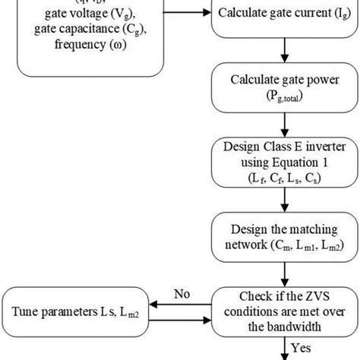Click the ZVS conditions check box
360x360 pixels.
coord(283,310)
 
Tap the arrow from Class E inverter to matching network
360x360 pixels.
coord(283,202)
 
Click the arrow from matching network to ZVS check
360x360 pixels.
coord(283,275)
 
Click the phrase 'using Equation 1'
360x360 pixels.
coord(283,164)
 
